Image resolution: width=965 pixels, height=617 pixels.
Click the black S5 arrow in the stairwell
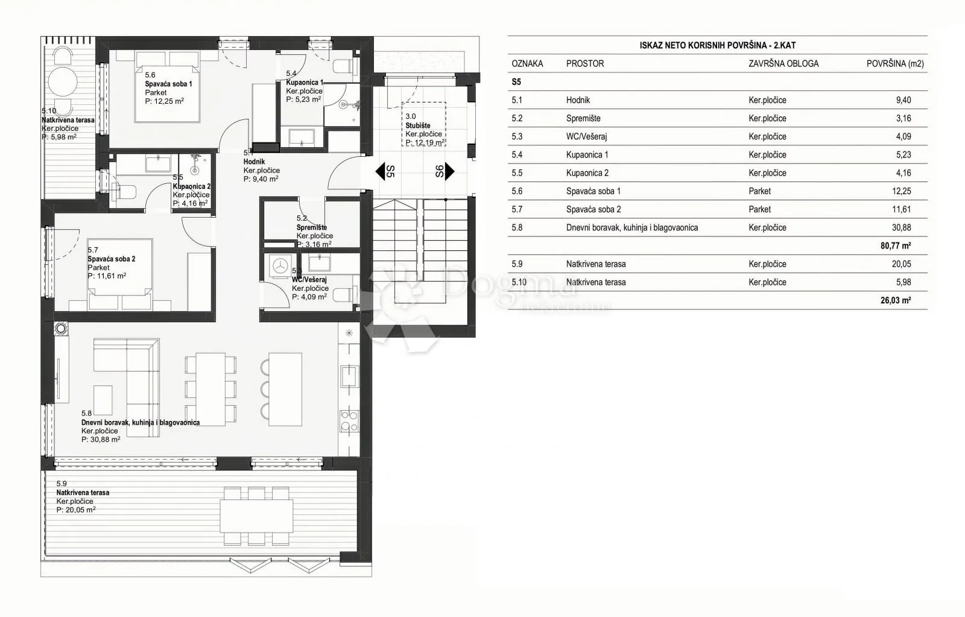coord(380,171)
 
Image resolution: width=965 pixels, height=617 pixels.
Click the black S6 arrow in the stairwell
coord(449,171)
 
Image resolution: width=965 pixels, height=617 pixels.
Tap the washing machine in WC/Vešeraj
coord(281,266)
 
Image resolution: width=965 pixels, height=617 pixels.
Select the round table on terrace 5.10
coord(63,81)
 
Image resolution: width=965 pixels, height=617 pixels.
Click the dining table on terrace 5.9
coord(256,516)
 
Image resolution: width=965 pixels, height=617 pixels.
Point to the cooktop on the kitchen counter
coord(349,421)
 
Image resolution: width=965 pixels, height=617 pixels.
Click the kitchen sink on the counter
coord(349,376)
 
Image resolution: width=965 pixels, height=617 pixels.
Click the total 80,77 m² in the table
coord(896,245)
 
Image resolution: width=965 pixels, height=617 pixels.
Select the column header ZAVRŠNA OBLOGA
coord(783,64)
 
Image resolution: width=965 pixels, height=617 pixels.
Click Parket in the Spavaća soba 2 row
coord(759,209)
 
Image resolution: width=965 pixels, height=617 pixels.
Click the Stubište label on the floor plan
coord(418,125)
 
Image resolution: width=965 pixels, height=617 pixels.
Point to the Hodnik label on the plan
coord(254,162)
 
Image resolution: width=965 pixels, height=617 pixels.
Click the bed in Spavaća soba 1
coord(168,87)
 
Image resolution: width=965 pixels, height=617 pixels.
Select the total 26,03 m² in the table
coord(896,300)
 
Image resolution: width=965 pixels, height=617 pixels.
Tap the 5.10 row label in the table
coord(519,282)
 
